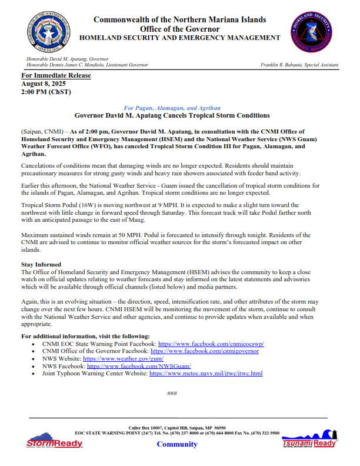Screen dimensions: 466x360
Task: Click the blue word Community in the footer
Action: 177,444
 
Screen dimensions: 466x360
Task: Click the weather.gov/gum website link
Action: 123,358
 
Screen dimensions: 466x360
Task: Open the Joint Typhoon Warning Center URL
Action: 206,374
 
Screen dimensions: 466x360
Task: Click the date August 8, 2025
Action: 44,84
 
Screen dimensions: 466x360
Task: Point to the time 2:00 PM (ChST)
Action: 44,92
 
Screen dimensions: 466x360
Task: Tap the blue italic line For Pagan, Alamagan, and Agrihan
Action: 172,108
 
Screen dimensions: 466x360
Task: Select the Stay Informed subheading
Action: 41,265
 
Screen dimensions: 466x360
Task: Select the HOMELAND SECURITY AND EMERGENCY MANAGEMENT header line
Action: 179,38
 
